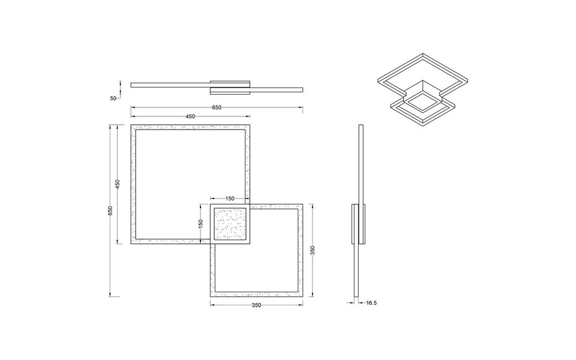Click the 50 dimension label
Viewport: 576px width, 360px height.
point(113,98)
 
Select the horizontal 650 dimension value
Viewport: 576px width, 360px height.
point(217,107)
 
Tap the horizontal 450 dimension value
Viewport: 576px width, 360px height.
point(190,116)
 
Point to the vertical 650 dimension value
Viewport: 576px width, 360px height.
point(110,211)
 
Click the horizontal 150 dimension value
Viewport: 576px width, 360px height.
point(230,198)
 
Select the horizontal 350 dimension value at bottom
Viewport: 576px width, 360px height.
point(257,305)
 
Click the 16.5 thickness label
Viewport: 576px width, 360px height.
point(371,303)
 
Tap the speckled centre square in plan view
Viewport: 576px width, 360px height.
point(230,224)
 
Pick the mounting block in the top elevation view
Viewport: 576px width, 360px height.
point(230,86)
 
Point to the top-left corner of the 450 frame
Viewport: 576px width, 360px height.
point(131,125)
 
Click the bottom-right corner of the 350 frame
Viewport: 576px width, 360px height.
point(308,298)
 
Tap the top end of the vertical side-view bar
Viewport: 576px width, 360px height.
point(360,126)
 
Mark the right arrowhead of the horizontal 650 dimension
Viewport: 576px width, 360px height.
point(301,107)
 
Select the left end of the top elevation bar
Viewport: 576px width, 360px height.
point(132,85)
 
